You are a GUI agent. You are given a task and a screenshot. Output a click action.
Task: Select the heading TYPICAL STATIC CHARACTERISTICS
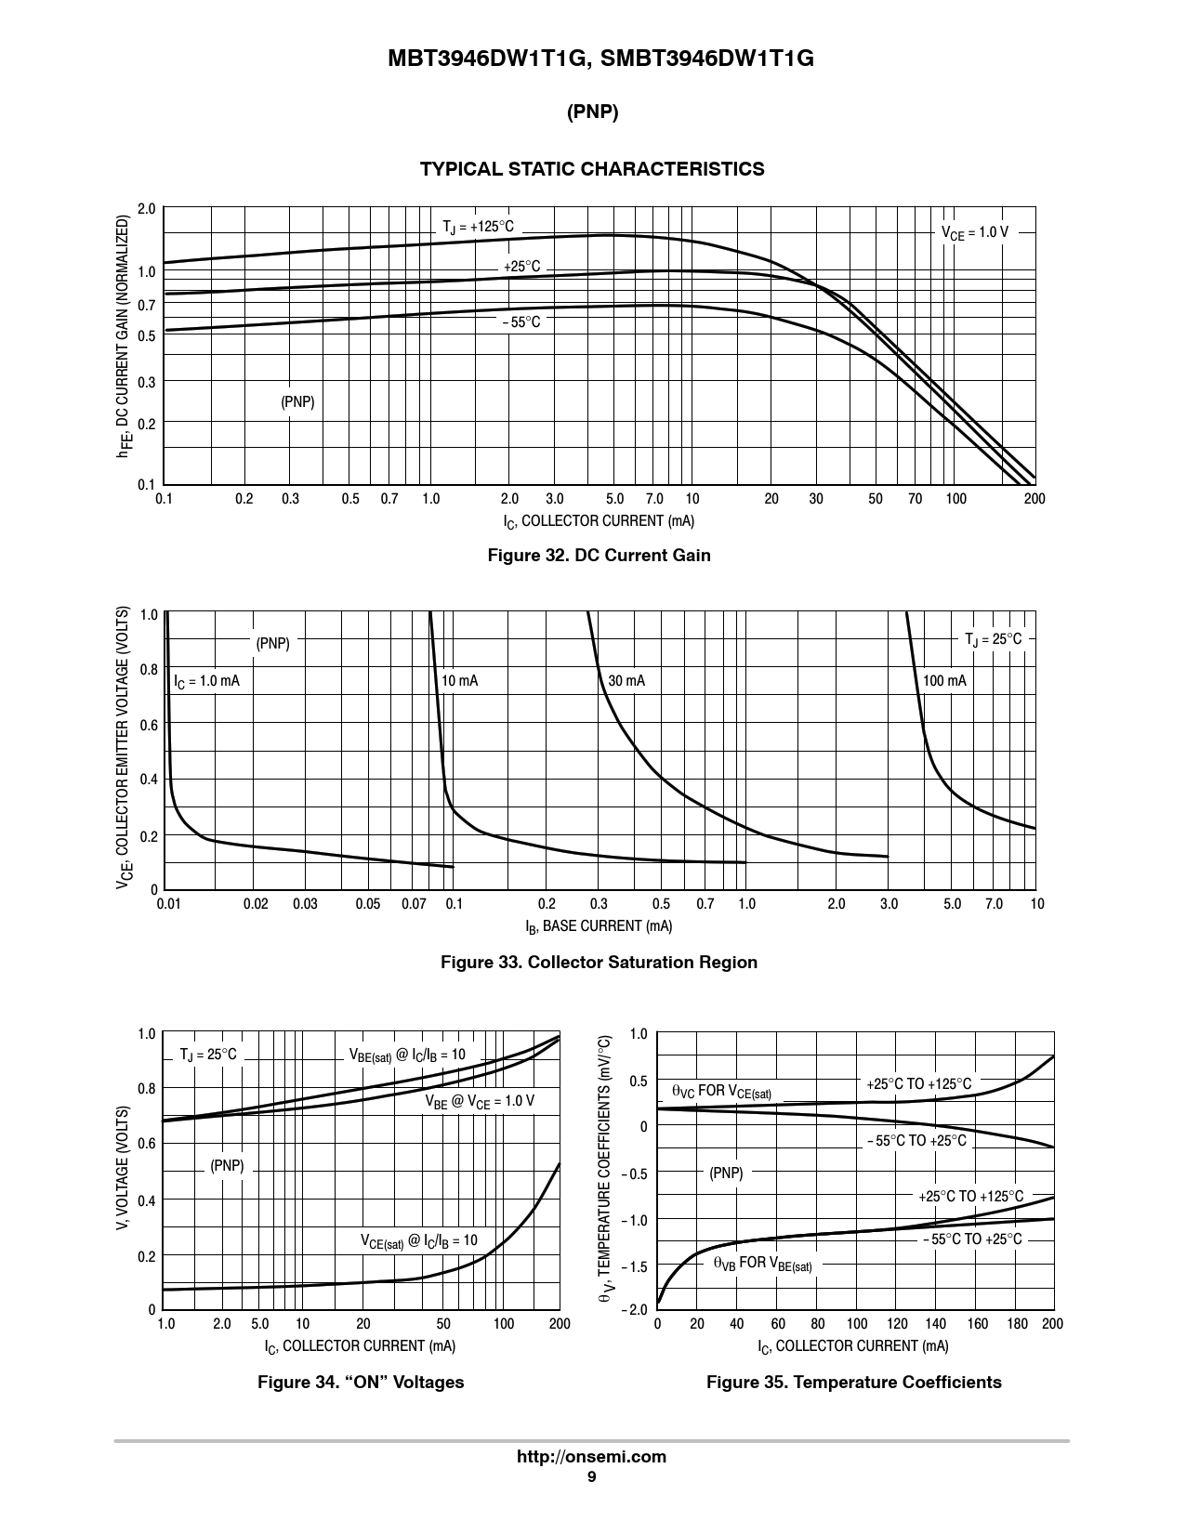click(592, 169)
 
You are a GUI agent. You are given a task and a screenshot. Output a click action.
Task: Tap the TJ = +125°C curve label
click(478, 228)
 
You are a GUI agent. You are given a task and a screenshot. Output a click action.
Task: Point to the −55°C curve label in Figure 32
click(521, 322)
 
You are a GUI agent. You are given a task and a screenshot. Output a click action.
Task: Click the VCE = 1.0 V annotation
click(975, 232)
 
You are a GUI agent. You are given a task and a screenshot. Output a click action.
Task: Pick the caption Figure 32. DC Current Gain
click(600, 556)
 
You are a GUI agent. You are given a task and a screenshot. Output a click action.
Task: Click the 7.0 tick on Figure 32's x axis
click(653, 499)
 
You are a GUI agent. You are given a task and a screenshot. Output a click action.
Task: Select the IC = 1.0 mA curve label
click(206, 681)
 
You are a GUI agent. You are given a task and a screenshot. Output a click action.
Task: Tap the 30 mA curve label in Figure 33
click(626, 681)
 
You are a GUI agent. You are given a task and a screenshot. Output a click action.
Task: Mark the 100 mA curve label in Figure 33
click(944, 681)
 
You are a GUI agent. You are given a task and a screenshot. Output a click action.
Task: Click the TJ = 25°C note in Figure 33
click(993, 639)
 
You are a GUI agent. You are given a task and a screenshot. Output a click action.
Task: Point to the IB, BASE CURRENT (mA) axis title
click(599, 926)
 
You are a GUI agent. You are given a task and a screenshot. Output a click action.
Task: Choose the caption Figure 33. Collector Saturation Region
click(599, 963)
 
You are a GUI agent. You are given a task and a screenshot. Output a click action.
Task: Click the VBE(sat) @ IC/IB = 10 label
click(407, 1055)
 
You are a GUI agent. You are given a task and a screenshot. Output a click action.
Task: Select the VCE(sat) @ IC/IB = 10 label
click(418, 1240)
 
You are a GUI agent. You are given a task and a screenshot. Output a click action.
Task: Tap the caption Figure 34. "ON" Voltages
click(361, 1383)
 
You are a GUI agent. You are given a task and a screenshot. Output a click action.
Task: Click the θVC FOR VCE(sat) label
click(721, 1092)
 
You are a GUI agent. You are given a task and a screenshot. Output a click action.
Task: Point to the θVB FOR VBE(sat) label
click(762, 1264)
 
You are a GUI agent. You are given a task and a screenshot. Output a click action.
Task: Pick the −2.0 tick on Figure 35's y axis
click(637, 1309)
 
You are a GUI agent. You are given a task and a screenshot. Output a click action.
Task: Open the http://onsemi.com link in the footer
click(591, 1456)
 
